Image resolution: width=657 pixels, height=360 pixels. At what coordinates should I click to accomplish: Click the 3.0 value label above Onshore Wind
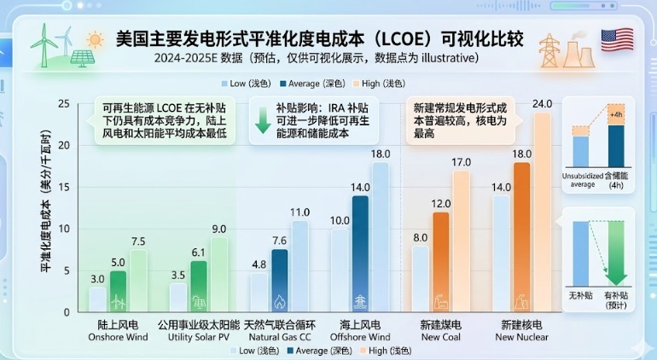(x=98, y=278)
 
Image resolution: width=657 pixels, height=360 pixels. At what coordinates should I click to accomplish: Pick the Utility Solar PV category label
(x=199, y=331)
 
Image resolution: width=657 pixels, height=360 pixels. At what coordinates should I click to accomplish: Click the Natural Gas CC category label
(x=280, y=331)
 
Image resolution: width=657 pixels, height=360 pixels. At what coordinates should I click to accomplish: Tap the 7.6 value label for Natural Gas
(x=280, y=241)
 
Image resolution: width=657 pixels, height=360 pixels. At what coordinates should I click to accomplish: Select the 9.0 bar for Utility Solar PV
(x=219, y=274)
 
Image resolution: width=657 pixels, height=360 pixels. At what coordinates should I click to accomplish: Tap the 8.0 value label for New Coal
(x=419, y=237)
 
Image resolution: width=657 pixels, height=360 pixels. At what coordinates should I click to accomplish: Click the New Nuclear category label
(x=521, y=331)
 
